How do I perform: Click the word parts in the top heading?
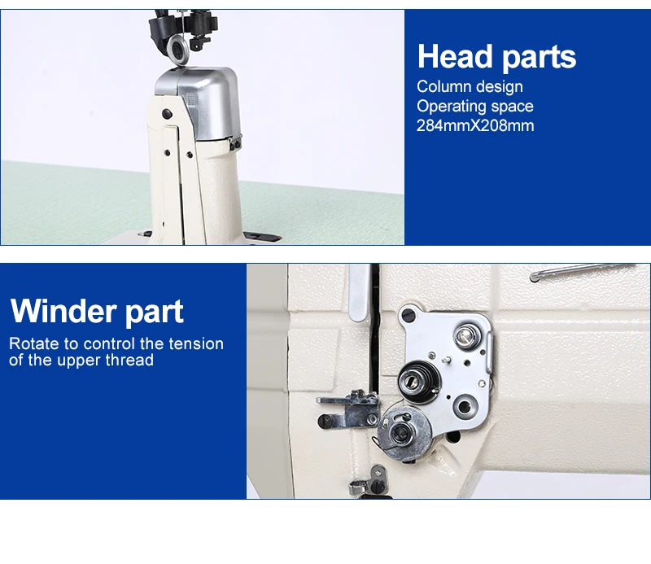point(538,58)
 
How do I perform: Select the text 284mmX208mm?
point(475,125)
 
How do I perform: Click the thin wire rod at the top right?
point(578,271)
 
